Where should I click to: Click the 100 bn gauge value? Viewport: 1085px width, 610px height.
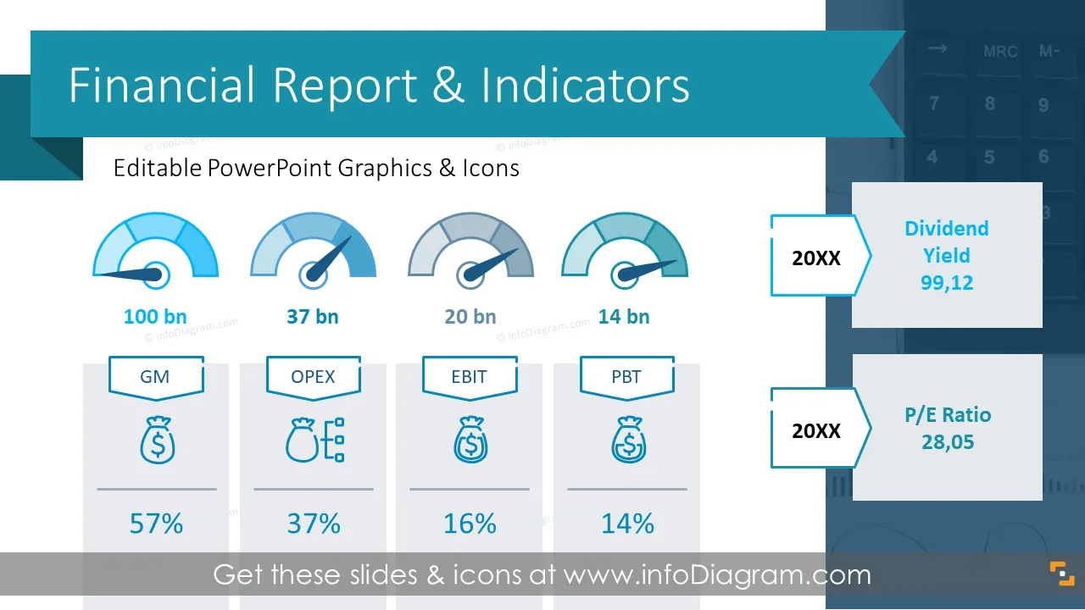pos(155,317)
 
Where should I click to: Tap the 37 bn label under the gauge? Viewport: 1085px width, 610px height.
pos(313,317)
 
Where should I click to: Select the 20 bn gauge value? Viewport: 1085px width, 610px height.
pos(470,317)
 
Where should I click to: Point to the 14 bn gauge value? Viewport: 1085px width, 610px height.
pos(624,317)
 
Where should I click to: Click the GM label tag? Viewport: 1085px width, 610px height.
pos(156,378)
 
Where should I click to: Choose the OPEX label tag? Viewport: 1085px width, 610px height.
pos(314,378)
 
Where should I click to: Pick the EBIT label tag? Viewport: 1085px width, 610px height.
pos(470,378)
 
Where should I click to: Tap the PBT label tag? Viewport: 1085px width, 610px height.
pos(627,378)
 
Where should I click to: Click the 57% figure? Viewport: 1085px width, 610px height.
pos(156,524)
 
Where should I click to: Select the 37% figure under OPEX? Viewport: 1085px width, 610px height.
pos(314,524)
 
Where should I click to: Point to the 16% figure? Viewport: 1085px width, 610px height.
pos(470,524)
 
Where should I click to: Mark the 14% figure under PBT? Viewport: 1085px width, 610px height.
pos(627,524)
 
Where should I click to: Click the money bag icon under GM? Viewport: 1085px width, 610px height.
pos(158,440)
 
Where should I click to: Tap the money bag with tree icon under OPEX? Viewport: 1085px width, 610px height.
pos(314,440)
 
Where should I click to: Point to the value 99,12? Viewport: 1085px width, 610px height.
pos(947,283)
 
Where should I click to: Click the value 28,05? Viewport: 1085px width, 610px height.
pos(948,442)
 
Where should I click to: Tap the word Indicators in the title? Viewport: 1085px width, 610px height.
pos(585,86)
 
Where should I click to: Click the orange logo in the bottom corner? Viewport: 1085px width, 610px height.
pos(1062,574)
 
